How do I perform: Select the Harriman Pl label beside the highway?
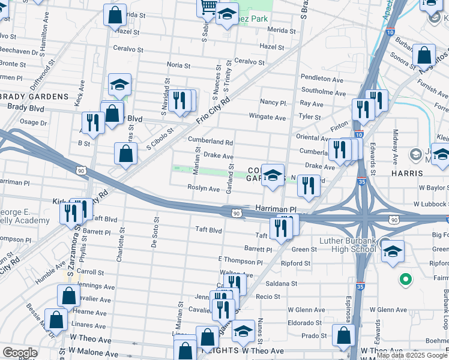[276, 209]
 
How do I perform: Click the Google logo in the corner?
[20, 352]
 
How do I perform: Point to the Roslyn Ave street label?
[203, 188]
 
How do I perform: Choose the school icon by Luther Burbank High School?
[393, 250]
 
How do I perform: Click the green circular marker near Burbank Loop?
[406, 279]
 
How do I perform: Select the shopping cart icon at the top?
[208, 7]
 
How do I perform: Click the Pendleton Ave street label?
[322, 78]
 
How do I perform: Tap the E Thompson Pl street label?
[241, 262]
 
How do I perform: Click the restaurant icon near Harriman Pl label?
[280, 227]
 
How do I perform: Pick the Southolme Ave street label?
[324, 93]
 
